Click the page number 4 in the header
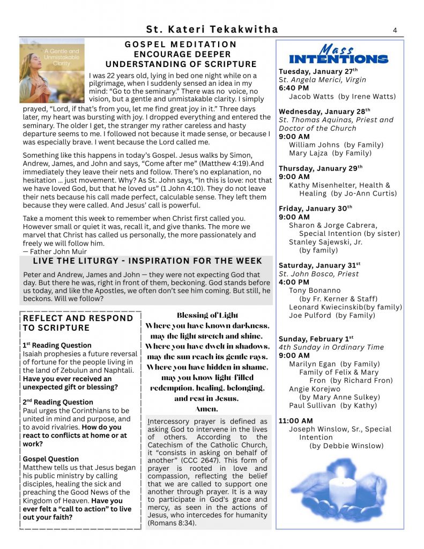pos(395,30)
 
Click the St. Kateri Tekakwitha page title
pos(212,29)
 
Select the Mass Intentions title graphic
pos(338,55)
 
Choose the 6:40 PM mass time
pos(294,88)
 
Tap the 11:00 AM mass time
pos(295,421)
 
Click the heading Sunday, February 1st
pos(316,339)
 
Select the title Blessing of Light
pos(207,315)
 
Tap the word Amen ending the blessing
pos(207,409)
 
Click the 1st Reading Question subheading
pos(57,345)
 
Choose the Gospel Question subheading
pos(50,459)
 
